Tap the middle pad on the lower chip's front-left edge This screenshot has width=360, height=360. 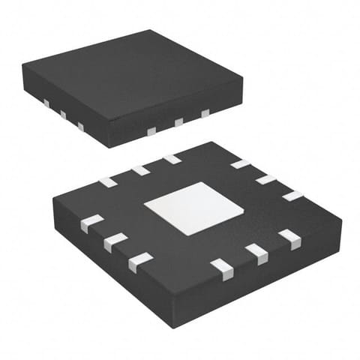click(115, 241)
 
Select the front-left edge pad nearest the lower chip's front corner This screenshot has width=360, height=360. click(139, 261)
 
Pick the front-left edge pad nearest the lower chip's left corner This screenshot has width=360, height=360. click(91, 223)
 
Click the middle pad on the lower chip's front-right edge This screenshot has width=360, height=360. click(256, 253)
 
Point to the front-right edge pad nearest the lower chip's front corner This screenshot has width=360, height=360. click(223, 268)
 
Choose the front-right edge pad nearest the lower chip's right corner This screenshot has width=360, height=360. click(289, 238)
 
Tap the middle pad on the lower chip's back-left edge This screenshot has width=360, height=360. click(140, 170)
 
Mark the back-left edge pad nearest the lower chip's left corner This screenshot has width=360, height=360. click(108, 181)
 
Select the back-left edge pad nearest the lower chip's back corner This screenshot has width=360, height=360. click(172, 159)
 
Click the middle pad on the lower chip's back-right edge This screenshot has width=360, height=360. click(265, 179)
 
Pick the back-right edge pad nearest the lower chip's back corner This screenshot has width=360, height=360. click(240, 163)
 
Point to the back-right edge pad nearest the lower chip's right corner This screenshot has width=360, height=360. click(292, 196)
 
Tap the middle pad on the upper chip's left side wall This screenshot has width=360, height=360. click(63, 115)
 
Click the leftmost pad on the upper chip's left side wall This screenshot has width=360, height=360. click(46, 103)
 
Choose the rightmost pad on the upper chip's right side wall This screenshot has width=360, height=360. click(205, 113)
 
